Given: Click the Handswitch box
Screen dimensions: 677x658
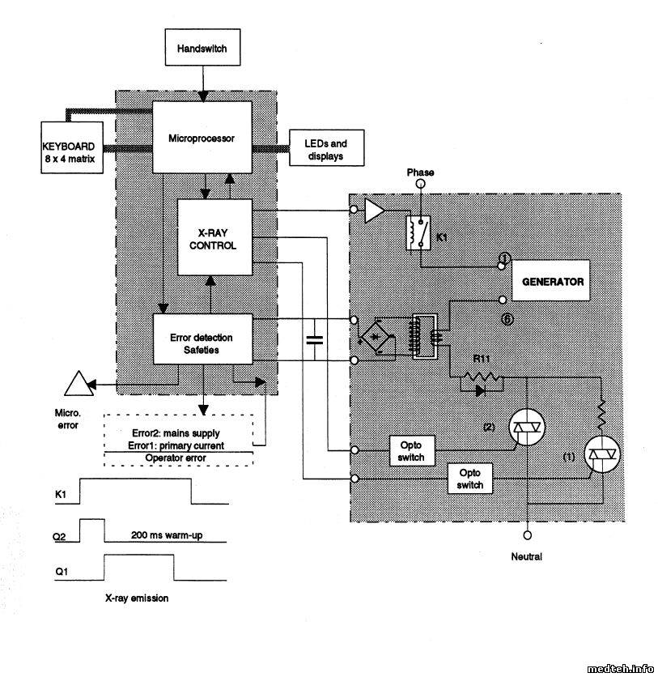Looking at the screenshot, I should click(x=202, y=49).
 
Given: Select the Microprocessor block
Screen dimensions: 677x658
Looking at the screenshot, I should click(x=201, y=138).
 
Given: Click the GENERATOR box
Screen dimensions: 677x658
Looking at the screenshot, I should click(x=552, y=283).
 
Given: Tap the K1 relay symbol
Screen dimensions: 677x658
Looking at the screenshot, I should click(x=415, y=232).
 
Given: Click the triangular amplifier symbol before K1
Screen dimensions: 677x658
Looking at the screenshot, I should click(x=374, y=211).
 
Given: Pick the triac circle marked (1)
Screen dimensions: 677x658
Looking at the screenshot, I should click(x=605, y=455).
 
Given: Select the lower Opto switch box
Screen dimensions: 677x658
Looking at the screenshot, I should click(x=469, y=478).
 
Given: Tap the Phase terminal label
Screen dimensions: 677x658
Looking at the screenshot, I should click(x=419, y=172).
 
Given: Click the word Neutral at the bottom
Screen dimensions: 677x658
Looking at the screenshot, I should click(x=526, y=557).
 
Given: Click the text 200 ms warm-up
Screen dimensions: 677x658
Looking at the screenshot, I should click(x=165, y=536).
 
